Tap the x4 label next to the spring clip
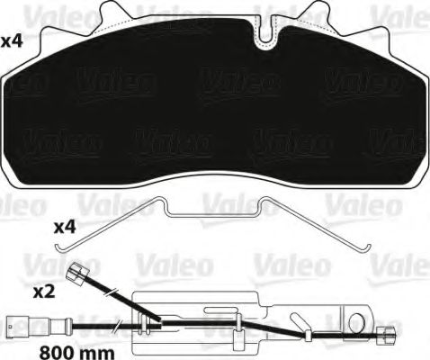[x=65, y=228]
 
